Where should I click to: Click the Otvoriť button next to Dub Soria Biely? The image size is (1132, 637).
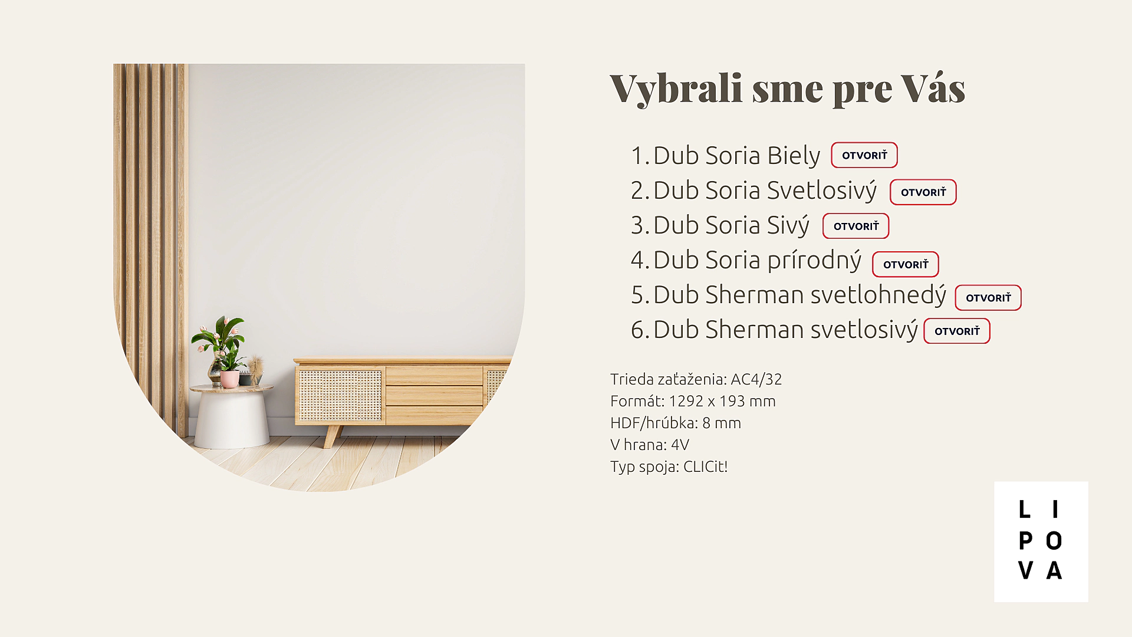click(x=864, y=155)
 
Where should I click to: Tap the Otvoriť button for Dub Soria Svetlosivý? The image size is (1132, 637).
click(x=923, y=192)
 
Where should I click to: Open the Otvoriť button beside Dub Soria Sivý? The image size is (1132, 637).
click(x=856, y=226)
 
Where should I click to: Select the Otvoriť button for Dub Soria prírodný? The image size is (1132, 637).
click(x=906, y=264)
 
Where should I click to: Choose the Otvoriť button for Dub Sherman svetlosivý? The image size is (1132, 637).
click(x=957, y=331)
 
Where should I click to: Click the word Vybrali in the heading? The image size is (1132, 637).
click(x=676, y=89)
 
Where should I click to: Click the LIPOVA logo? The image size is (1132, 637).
click(x=1041, y=541)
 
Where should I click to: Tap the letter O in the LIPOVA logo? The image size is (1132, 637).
click(x=1054, y=541)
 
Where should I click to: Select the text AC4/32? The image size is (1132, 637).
click(x=756, y=379)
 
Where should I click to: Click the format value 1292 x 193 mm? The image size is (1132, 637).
click(x=722, y=401)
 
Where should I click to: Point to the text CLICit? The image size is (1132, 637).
click(x=705, y=467)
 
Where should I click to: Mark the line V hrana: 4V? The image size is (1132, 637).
click(x=650, y=445)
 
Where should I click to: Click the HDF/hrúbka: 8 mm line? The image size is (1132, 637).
click(x=676, y=423)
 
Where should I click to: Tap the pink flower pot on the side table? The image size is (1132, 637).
click(x=230, y=379)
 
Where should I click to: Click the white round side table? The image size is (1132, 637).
click(x=231, y=416)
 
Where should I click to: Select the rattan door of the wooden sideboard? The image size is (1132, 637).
click(x=340, y=395)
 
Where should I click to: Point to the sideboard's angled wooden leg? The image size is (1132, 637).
click(x=333, y=436)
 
